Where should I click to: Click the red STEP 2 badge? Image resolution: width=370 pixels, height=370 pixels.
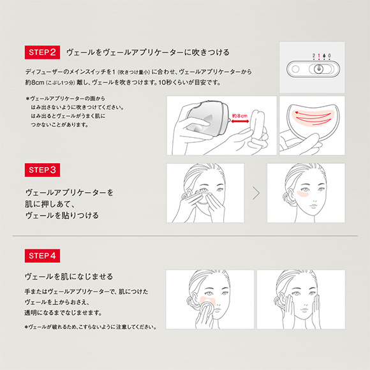click(42, 52)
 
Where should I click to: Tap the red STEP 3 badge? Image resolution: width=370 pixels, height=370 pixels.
click(42, 170)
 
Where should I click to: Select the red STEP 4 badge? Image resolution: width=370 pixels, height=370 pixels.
click(42, 256)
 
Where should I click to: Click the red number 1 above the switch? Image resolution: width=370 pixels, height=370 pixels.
click(319, 56)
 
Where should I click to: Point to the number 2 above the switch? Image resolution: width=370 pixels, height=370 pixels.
click(314, 56)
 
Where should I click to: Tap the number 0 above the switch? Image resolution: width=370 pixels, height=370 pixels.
click(329, 56)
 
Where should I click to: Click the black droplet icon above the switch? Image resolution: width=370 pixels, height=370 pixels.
click(324, 56)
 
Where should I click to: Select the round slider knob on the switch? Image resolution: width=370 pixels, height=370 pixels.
click(319, 69)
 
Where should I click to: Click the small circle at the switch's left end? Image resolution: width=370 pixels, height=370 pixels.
click(295, 69)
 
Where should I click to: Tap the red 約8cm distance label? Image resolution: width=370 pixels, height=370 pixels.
click(240, 116)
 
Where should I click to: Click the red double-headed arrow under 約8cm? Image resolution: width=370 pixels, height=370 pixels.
click(240, 121)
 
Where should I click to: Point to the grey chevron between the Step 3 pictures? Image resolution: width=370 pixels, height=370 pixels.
click(256, 193)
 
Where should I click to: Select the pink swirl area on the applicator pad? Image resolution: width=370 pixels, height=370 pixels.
click(313, 117)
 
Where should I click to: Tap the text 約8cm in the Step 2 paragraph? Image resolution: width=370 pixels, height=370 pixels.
click(35, 83)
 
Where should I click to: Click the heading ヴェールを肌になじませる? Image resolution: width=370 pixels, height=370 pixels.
click(69, 277)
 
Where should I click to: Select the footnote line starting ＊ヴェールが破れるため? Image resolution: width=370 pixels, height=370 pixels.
click(91, 327)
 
